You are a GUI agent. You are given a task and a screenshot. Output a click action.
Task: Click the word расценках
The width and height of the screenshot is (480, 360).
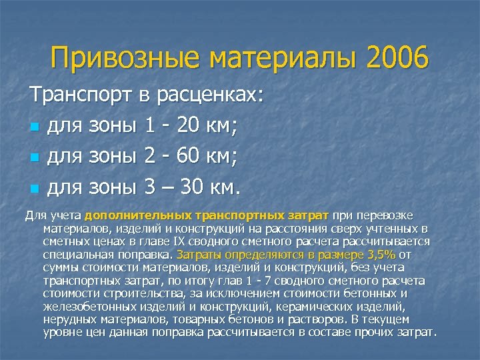(x=212, y=96)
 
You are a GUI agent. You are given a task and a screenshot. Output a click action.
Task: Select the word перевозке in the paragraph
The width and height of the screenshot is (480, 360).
(x=387, y=217)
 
